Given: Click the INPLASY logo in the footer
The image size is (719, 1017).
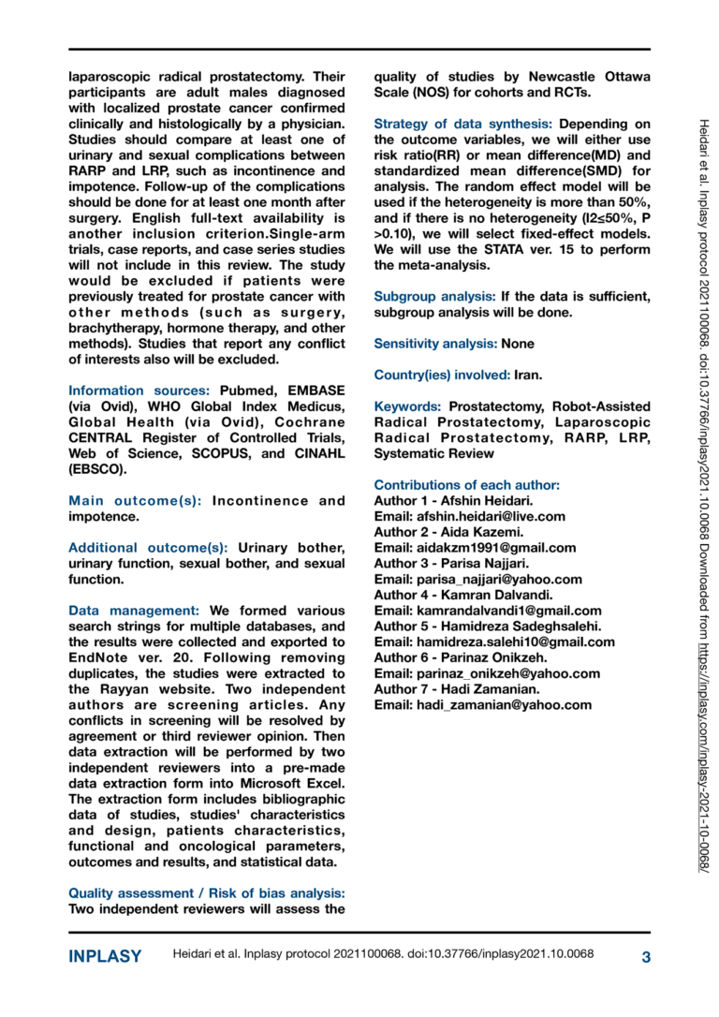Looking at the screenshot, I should [105, 956].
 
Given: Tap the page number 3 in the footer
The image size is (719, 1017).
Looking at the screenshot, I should [646, 956].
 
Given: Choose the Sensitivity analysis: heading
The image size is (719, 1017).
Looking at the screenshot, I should [435, 344].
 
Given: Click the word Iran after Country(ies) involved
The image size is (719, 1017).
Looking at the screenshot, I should [527, 375].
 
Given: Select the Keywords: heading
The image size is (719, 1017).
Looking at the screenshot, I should [407, 407].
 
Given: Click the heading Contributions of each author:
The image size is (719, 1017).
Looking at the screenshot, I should [466, 485].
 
